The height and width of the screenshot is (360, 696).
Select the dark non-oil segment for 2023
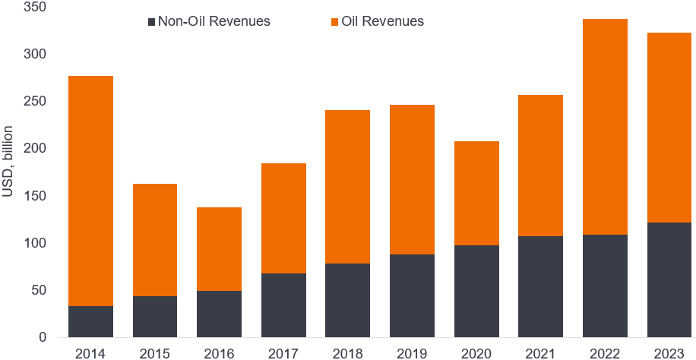pos(669,279)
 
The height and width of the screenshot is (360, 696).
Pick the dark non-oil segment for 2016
pos(219,314)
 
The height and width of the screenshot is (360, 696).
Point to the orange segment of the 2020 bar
pos(476,193)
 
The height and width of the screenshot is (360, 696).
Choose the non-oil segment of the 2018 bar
pos(347,300)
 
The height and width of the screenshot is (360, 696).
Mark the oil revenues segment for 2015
pos(155,240)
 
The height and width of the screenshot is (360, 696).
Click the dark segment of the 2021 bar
pos(540,286)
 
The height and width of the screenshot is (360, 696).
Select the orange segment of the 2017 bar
pos(283,218)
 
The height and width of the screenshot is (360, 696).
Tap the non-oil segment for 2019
pos(412,295)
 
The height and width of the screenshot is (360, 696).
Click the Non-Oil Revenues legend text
pos(214,21)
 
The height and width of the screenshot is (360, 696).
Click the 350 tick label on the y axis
pos(36,8)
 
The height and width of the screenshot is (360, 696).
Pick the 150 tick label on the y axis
pos(36,196)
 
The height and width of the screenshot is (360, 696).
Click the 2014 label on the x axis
pos(90,352)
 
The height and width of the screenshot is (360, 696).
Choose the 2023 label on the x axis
pos(669,352)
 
